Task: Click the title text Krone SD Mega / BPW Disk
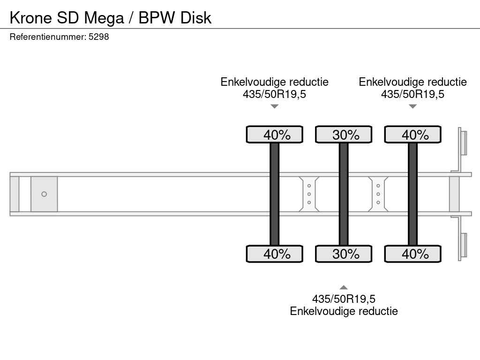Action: tap(111, 18)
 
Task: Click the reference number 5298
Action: tap(98, 37)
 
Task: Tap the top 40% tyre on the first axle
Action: tap(275, 135)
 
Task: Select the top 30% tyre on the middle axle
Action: tap(344, 135)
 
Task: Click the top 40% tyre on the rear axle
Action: tap(412, 135)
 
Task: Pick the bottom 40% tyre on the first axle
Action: tap(275, 254)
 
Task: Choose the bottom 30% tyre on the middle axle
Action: tap(344, 254)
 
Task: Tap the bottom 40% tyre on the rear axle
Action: tap(412, 254)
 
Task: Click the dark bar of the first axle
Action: tap(275, 194)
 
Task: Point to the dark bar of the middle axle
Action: tap(344, 194)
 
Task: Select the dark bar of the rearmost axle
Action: tap(412, 194)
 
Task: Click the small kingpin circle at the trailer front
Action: tap(44, 194)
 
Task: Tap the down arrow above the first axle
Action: tap(275, 106)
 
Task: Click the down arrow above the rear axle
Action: tap(412, 106)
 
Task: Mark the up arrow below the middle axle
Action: tap(344, 287)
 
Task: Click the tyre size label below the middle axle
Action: tap(344, 299)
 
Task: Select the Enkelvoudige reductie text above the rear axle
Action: tap(412, 82)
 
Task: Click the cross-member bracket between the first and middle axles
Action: tap(309, 194)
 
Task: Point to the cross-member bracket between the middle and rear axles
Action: tap(378, 194)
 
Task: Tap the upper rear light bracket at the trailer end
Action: tap(463, 142)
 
